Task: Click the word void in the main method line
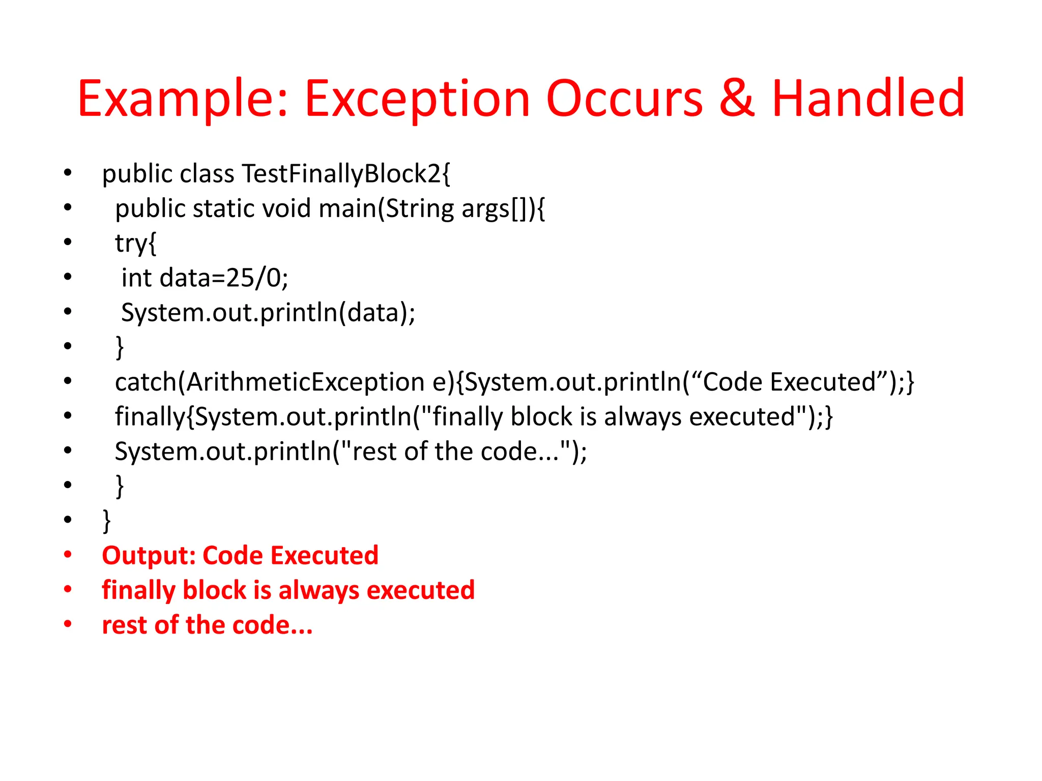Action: pos(286,209)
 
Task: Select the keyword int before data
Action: pos(136,278)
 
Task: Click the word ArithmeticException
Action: pos(305,382)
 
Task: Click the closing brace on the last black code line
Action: pos(107,521)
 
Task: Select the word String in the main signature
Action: pos(420,209)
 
